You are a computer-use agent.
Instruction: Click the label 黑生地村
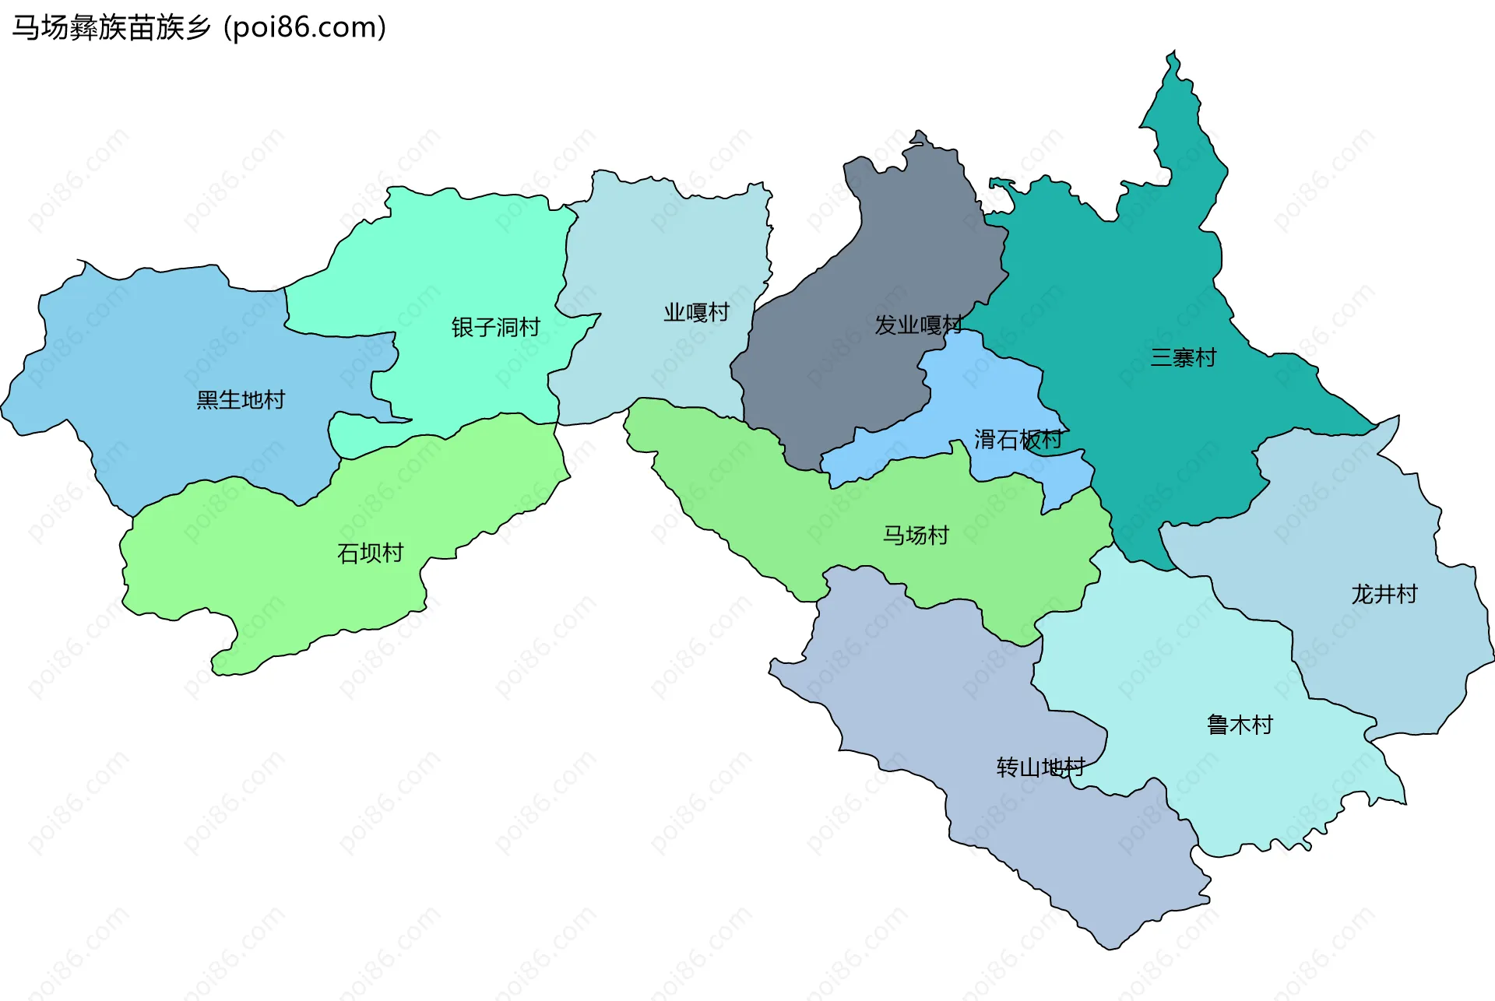pyautogui.click(x=241, y=400)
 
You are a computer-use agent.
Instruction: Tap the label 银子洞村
pyautogui.click(x=495, y=327)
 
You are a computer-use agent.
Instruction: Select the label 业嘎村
pyautogui.click(x=696, y=313)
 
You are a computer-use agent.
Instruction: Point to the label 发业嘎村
pyautogui.click(x=918, y=325)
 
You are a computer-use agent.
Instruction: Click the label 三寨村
pyautogui.click(x=1183, y=358)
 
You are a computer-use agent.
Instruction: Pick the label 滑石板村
pyautogui.click(x=1018, y=440)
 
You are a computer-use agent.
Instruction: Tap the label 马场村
pyautogui.click(x=916, y=536)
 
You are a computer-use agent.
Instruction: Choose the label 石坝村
pyautogui.click(x=370, y=553)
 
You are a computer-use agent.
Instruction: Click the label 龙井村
pyautogui.click(x=1384, y=595)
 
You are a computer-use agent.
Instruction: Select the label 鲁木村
pyautogui.click(x=1240, y=725)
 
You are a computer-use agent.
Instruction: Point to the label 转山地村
pyautogui.click(x=1040, y=768)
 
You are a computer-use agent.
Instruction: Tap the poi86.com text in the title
pyautogui.click(x=304, y=28)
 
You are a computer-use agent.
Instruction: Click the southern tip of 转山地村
pyautogui.click(x=1109, y=947)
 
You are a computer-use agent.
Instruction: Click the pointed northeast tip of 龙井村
pyautogui.click(x=1397, y=418)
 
